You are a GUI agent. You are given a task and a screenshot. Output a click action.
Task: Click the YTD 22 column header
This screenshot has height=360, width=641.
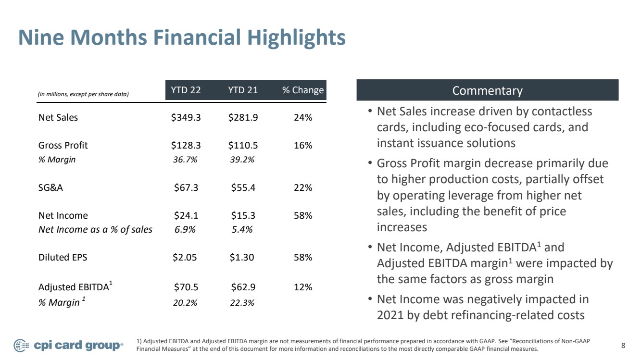coord(186,90)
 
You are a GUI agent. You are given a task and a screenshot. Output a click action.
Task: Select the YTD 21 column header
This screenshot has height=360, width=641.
coord(243,90)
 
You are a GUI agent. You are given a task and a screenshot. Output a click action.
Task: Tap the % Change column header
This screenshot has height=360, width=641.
coord(303,90)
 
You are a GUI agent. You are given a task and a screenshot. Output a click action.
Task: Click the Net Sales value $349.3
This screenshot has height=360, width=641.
coord(186,117)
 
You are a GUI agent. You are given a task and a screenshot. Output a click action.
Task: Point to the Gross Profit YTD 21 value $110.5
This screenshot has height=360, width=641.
coord(243,145)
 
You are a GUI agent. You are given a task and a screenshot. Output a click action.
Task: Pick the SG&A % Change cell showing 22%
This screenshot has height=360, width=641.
coord(303,187)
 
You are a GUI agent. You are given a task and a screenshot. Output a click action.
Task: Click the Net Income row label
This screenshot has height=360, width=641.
coord(63,215)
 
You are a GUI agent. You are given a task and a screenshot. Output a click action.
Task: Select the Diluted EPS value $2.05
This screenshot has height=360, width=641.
coord(185,257)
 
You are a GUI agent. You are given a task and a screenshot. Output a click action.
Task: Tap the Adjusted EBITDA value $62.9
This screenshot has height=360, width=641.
coord(243,287)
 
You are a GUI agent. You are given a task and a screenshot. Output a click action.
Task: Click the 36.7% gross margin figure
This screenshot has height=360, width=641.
coord(185,160)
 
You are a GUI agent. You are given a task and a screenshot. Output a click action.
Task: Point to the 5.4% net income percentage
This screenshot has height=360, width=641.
coord(242,229)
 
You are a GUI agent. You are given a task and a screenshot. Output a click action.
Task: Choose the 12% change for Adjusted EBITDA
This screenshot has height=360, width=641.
coord(303,287)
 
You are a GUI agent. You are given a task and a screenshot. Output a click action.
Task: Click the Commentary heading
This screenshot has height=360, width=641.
coord(487,90)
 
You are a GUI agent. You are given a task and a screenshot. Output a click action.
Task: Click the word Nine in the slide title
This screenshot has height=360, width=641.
coord(41,37)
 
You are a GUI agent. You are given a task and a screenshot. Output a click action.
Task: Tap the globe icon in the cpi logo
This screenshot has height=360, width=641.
coord(21,346)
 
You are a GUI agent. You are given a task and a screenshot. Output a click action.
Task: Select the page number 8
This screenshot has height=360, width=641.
coord(623,346)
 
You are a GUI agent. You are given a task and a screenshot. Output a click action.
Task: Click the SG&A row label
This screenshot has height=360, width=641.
coord(50,187)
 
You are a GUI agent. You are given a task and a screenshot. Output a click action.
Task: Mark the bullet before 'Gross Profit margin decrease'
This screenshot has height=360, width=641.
coord(370,163)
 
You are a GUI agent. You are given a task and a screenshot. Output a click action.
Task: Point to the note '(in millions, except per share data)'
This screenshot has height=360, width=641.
coord(83,94)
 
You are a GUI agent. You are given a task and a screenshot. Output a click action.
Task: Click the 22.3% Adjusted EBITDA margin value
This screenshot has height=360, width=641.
coord(242,302)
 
